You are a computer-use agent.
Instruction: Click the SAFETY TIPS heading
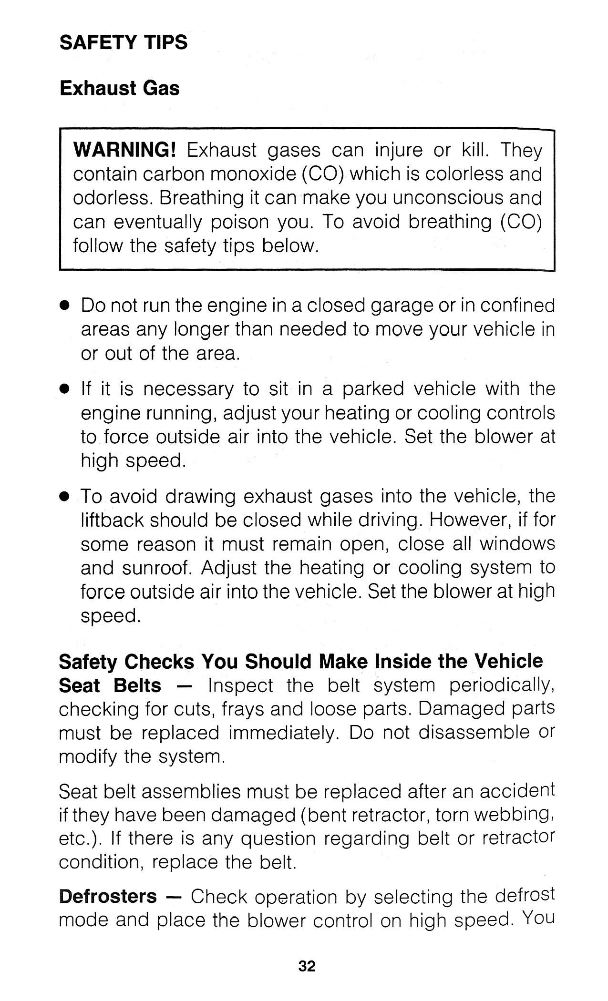[x=124, y=42]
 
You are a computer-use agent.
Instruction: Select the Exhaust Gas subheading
[x=119, y=89]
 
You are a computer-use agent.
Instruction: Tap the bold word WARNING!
[x=125, y=151]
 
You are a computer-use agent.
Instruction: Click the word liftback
[x=112, y=520]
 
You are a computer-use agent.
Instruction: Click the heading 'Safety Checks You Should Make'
[x=300, y=662]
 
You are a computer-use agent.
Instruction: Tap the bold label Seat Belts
[x=110, y=685]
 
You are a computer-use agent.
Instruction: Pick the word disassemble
[x=474, y=733]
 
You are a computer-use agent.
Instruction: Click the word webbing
[x=515, y=816]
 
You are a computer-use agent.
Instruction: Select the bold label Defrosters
[x=107, y=897]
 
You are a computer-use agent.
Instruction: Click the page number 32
[x=307, y=966]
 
